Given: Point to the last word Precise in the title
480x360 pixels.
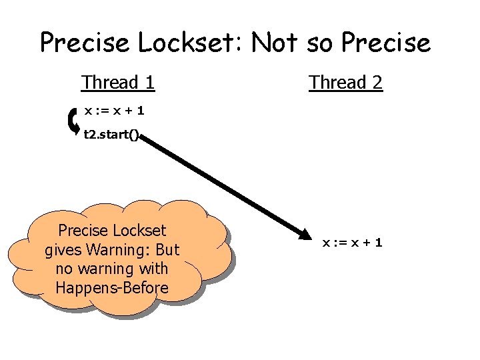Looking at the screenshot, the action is click(386, 43).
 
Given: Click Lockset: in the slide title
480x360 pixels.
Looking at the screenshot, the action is click(192, 43).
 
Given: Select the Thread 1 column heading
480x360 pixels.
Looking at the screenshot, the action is click(118, 83).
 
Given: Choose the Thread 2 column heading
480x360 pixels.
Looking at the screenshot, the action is click(345, 83).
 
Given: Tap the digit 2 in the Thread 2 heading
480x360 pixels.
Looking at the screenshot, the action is click(377, 83).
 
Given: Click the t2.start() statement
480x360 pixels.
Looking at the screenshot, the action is click(111, 135).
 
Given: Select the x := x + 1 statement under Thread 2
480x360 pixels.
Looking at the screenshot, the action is click(352, 243).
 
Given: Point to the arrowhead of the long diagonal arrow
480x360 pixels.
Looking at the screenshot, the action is click(305, 235).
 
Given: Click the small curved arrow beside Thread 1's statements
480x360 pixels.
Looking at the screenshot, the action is click(74, 121).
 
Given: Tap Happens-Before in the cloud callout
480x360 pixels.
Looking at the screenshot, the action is click(112, 288).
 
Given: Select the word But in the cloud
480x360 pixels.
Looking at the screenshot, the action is click(168, 250).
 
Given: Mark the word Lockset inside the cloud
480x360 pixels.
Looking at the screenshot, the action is click(139, 231).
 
